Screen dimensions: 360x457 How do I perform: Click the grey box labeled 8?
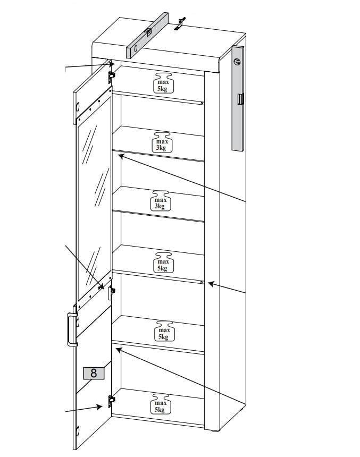[x=94, y=373]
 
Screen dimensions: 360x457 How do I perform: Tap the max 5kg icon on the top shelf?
[x=163, y=83]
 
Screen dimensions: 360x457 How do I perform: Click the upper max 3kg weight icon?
[x=162, y=142]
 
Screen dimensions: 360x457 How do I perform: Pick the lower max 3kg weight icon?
[x=161, y=201]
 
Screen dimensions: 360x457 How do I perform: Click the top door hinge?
[x=111, y=77]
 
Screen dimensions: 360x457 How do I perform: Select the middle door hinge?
[x=112, y=292]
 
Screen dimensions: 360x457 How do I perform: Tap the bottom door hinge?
[x=111, y=401]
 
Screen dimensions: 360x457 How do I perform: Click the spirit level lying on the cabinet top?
[x=147, y=35]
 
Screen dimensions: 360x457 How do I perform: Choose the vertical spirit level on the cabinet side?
[x=238, y=98]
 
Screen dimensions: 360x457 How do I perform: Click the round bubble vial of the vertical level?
[x=237, y=62]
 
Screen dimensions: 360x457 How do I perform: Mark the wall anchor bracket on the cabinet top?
[x=180, y=24]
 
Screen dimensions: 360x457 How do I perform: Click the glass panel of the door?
[x=94, y=194]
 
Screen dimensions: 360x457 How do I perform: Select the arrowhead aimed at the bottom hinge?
[x=99, y=407]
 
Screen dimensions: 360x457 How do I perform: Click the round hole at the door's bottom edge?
[x=78, y=430]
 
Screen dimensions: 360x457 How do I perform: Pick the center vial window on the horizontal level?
[x=148, y=31]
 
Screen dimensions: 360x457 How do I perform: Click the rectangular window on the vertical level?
[x=240, y=99]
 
